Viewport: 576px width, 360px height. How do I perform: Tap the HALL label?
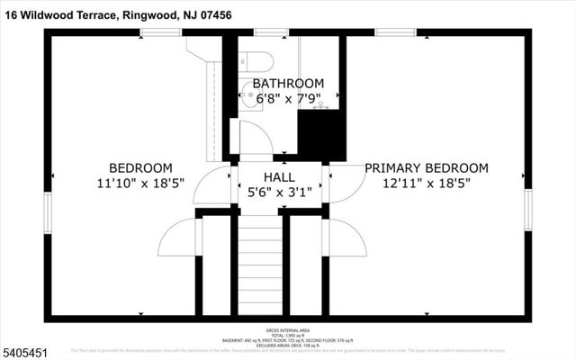pyautogui.click(x=279, y=176)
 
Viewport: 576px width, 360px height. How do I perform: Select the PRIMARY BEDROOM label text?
pyautogui.click(x=427, y=168)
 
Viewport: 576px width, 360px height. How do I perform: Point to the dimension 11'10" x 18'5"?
pyautogui.click(x=140, y=184)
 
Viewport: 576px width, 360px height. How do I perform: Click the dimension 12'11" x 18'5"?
pyautogui.click(x=427, y=184)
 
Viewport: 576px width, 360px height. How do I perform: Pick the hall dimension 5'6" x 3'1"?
pyautogui.click(x=279, y=192)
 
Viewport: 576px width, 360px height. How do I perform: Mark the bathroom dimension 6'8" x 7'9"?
pyautogui.click(x=288, y=99)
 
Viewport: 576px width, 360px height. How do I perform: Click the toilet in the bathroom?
pyautogui.click(x=260, y=62)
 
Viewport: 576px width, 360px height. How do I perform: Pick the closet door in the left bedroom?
pyautogui.click(x=178, y=239)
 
